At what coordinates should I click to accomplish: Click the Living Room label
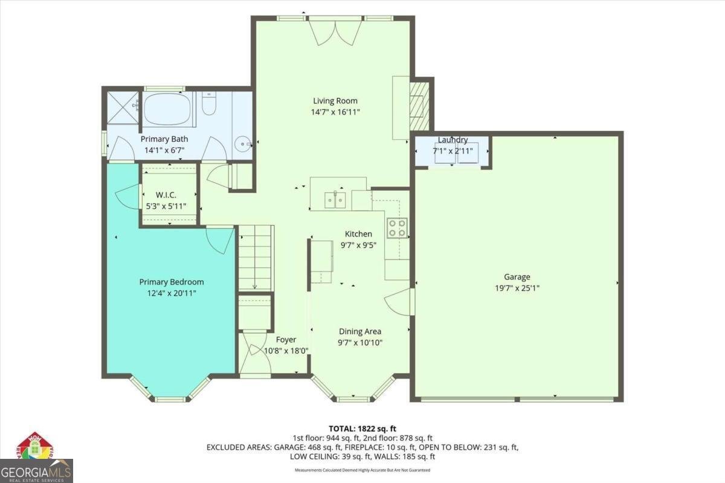[335, 101]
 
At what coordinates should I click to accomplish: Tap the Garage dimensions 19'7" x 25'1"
[517, 289]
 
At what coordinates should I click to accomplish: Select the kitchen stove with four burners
[396, 228]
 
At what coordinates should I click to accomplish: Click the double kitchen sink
[333, 199]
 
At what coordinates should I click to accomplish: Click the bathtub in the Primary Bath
[167, 109]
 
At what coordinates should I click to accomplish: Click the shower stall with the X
[123, 109]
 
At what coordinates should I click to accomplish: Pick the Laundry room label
[453, 140]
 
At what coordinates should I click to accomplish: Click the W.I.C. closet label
[166, 195]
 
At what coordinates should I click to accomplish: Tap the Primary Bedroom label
[171, 282]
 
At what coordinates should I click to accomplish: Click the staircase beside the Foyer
[256, 258]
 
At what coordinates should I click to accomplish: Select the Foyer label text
[286, 339]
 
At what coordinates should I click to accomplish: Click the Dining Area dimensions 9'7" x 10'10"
[359, 342]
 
